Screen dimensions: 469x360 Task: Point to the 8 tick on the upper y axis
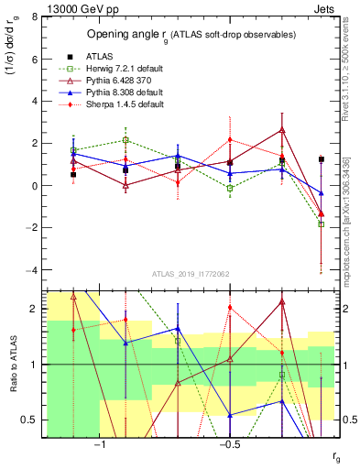click(x=34, y=16)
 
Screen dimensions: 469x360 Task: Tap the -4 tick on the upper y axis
click(x=32, y=270)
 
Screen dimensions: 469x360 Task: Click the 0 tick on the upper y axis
click(x=34, y=186)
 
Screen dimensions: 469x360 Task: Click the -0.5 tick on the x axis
click(x=228, y=446)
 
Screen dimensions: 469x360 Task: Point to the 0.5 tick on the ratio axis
click(x=29, y=420)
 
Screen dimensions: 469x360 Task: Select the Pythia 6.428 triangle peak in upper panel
click(x=282, y=130)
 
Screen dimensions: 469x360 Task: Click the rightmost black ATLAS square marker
click(x=321, y=159)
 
